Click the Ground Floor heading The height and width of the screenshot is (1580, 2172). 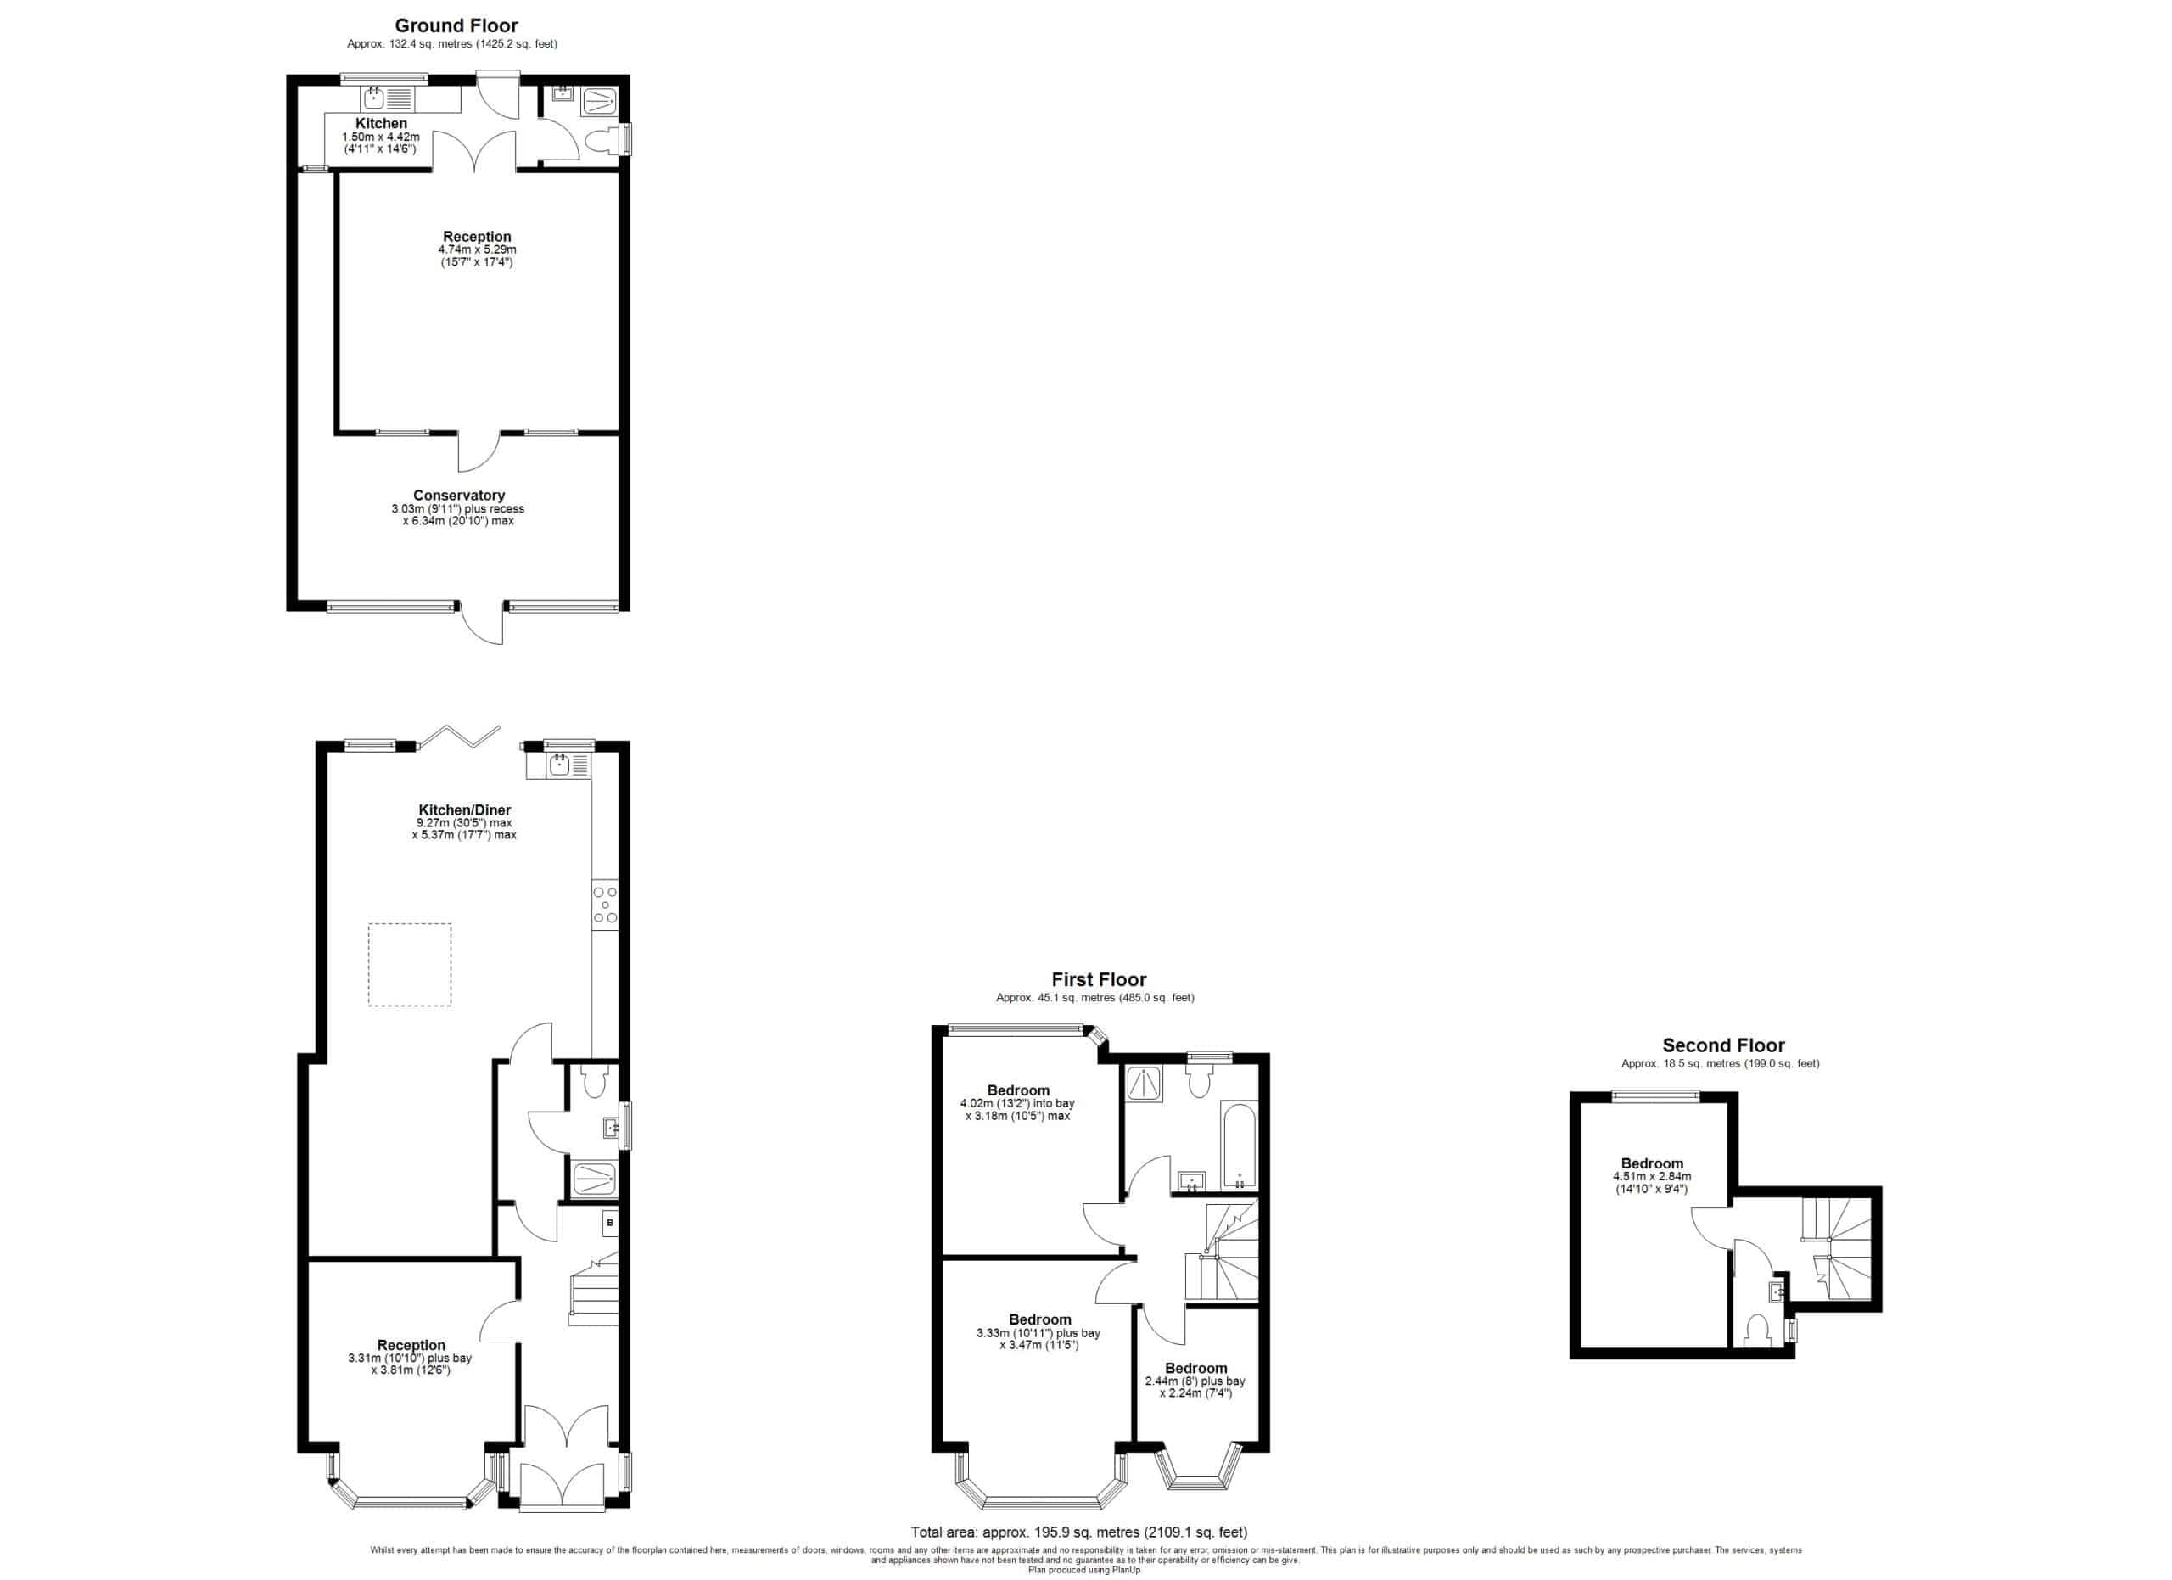click(456, 25)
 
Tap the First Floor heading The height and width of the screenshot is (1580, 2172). click(1099, 978)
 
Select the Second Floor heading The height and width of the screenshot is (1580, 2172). click(1723, 1045)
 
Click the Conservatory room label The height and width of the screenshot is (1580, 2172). click(459, 495)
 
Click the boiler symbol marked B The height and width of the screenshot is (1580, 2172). click(610, 1223)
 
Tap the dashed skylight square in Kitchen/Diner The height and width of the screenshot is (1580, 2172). click(410, 964)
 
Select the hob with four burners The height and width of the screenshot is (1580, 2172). click(605, 905)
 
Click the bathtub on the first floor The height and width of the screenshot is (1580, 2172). click(1240, 1146)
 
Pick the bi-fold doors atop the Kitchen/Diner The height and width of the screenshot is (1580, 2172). click(460, 737)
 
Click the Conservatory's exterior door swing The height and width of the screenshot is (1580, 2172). click(482, 624)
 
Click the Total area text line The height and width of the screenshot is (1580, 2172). click(1079, 1533)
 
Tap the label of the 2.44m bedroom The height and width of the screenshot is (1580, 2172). click(1196, 1367)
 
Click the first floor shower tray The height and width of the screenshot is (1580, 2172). click(1145, 1083)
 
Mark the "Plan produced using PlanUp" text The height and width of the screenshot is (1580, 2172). click(1085, 1570)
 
